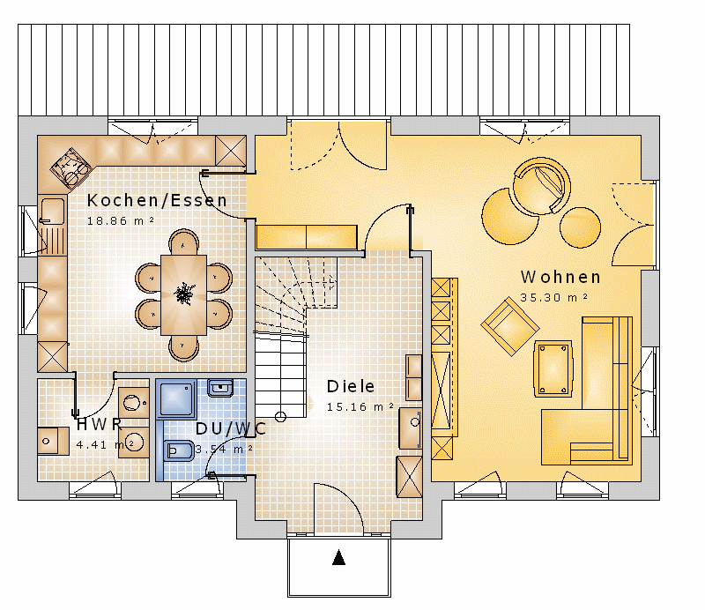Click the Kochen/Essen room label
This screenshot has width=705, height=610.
tap(157, 201)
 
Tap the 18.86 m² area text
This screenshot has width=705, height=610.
tap(121, 221)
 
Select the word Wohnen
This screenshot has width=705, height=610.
tap(560, 277)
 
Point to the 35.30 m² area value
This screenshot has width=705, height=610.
tap(554, 297)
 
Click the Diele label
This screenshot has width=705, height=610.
tap(351, 386)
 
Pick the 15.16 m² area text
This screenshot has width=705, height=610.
tap(360, 406)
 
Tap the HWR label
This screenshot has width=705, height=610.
tap(100, 424)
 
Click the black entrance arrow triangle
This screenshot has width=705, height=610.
tap(339, 557)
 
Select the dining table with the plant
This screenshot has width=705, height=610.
tap(183, 295)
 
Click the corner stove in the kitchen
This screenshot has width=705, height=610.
tap(71, 168)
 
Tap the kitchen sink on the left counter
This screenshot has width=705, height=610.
tap(52, 211)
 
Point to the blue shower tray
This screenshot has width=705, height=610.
tap(176, 398)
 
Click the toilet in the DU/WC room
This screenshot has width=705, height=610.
tap(179, 450)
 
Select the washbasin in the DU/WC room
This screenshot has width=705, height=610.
tap(220, 388)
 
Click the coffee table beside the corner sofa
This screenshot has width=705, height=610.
tap(553, 368)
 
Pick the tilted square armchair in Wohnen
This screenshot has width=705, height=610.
tap(510, 326)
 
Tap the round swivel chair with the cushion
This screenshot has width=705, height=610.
tap(542, 186)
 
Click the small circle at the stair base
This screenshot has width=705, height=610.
tap(280, 417)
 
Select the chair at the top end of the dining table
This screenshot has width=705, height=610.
tap(183, 242)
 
